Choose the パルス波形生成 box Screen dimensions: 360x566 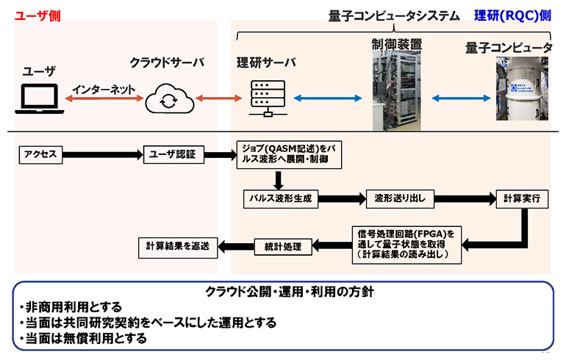[x=279, y=198]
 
